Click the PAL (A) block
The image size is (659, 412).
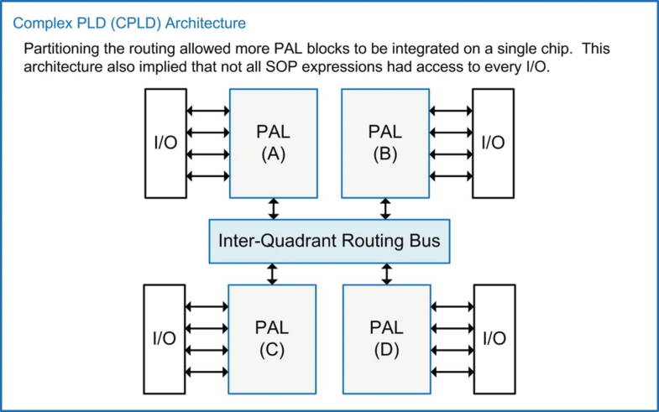click(x=272, y=142)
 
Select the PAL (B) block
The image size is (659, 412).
click(x=385, y=142)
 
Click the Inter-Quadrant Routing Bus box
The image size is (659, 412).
click(x=329, y=240)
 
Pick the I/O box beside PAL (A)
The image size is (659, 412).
click(x=165, y=142)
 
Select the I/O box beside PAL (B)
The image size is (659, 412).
click(x=493, y=142)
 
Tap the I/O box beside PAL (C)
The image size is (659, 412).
click(x=165, y=338)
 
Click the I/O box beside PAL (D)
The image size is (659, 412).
click(x=493, y=338)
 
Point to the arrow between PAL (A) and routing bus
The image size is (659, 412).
click(x=272, y=208)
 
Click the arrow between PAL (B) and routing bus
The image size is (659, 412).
click(x=385, y=208)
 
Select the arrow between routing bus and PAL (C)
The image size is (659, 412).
click(x=272, y=273)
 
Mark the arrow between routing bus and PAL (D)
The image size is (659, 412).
click(x=385, y=273)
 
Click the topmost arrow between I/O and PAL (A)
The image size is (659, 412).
click(x=207, y=110)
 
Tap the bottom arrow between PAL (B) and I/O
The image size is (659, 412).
click(x=450, y=175)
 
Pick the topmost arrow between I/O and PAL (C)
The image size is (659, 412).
click(x=207, y=307)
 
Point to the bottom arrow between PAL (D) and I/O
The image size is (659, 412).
click(x=450, y=371)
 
